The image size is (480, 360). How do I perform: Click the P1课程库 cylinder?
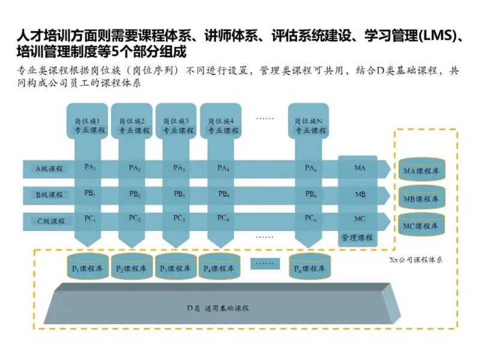87,268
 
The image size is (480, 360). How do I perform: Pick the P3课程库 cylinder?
176,268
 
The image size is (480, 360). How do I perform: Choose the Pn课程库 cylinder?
309,268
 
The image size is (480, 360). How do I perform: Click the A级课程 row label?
49,169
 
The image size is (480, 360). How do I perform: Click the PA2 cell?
134,168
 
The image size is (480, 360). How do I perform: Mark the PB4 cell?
223,194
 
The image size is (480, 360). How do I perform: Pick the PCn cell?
310,218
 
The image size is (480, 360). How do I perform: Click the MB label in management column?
360,194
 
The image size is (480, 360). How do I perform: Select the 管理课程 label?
357,237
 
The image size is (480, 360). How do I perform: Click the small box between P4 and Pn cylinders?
265,263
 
